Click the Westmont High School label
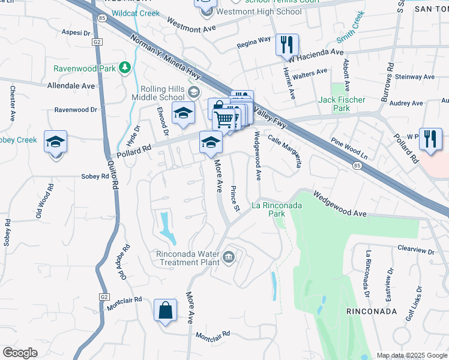[259, 11]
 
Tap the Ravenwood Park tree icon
[125, 67]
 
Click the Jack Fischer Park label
[334, 104]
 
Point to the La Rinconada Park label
[276, 209]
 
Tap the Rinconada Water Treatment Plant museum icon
[229, 258]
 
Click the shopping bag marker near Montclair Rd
[165, 310]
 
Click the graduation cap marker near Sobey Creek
[55, 143]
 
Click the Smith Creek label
[351, 28]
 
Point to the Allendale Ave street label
[71, 86]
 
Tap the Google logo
[20, 353]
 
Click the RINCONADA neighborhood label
[372, 311]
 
